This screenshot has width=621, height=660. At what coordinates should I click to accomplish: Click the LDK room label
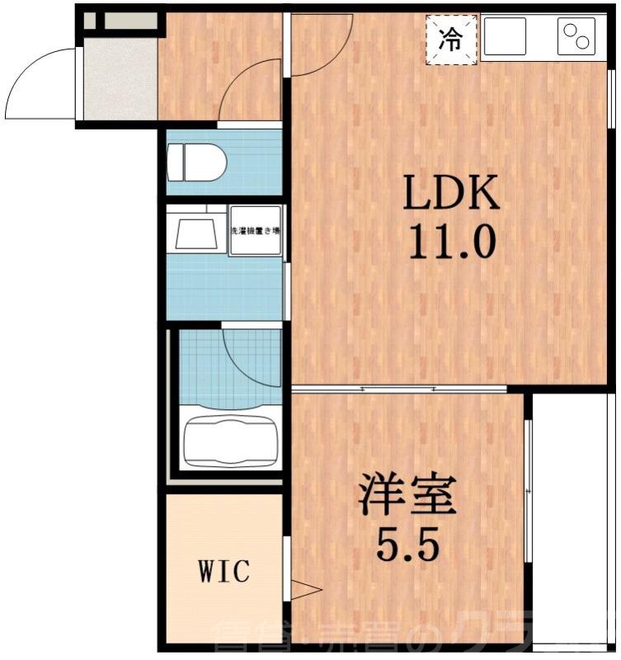450,194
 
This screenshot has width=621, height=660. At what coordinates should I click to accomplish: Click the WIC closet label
223,570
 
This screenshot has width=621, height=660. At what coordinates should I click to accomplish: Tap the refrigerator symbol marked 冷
450,39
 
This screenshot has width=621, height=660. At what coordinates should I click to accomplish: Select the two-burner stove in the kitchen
576,37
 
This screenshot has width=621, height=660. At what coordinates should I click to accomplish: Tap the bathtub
229,441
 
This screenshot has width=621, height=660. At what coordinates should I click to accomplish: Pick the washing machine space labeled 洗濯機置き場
255,231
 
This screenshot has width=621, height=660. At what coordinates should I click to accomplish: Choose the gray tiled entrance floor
120,78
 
